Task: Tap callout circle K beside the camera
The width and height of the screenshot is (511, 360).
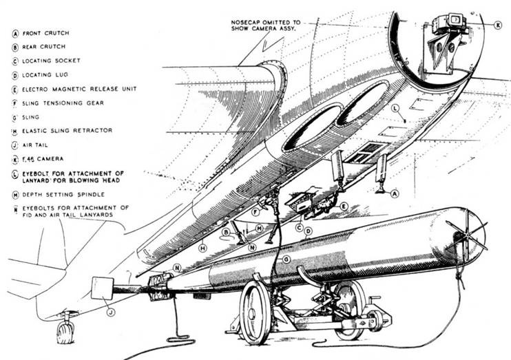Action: pos(497,26)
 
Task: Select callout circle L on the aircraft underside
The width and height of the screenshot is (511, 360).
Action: pos(395,109)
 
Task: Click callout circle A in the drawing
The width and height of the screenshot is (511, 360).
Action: pos(395,194)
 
